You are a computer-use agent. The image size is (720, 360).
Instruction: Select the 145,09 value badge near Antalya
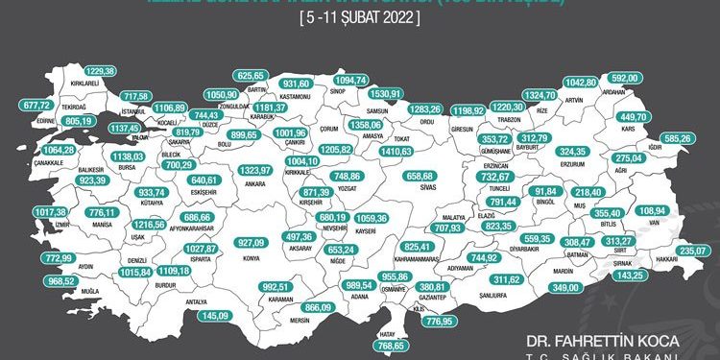click(214, 315)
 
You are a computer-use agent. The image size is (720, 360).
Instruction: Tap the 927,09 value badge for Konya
click(252, 242)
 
